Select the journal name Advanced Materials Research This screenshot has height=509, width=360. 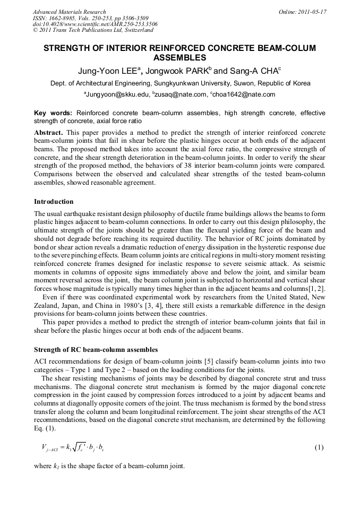[x=70, y=12]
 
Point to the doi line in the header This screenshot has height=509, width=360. [x=95, y=24]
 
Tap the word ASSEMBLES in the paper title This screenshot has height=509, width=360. [x=179, y=57]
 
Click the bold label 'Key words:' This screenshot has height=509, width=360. [x=53, y=113]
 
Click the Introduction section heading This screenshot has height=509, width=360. [x=54, y=202]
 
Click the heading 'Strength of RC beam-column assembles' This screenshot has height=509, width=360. [x=96, y=350]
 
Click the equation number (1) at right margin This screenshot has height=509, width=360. [x=319, y=447]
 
